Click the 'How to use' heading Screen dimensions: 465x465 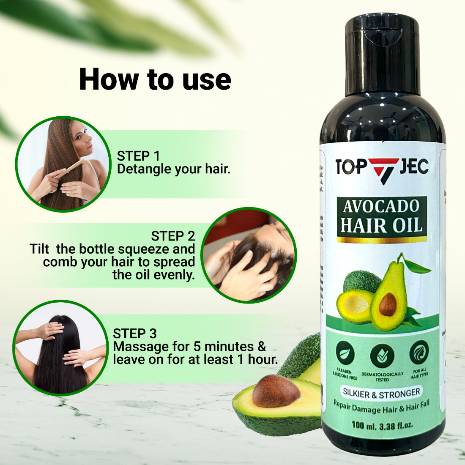click(x=155, y=79)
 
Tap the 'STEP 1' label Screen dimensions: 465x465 click(x=139, y=156)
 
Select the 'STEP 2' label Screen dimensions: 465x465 click(x=173, y=235)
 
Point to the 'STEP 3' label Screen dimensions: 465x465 click(x=135, y=334)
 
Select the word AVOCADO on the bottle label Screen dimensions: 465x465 click(x=381, y=207)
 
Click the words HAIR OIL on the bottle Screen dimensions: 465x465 click(x=381, y=225)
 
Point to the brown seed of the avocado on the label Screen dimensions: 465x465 click(x=388, y=304)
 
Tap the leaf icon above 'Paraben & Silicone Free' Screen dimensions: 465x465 click(x=345, y=354)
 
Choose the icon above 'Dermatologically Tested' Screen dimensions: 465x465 click(x=382, y=356)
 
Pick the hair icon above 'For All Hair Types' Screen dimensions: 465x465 click(x=419, y=352)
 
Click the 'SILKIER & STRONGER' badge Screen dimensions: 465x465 click(x=381, y=393)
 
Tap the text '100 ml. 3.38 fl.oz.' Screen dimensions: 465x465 click(x=382, y=424)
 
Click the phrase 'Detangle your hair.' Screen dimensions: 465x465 click(x=174, y=169)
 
